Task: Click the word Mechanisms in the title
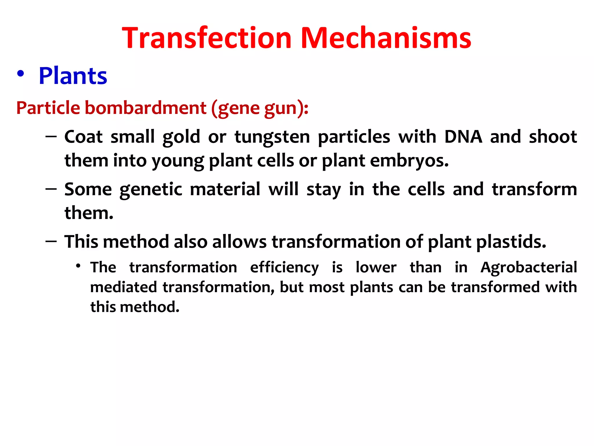[385, 38]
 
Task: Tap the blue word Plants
[73, 76]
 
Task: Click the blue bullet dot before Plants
[20, 74]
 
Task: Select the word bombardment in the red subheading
[145, 108]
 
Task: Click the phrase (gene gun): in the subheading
[260, 108]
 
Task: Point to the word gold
[181, 137]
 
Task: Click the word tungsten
[272, 137]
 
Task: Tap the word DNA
[463, 137]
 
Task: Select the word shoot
[553, 137]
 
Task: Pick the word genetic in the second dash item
[151, 189]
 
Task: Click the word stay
[324, 189]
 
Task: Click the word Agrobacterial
[528, 267]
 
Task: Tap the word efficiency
[284, 267]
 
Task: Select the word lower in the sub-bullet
[376, 267]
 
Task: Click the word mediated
[124, 287]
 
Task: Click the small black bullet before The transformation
[78, 265]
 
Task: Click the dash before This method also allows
[51, 242]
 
